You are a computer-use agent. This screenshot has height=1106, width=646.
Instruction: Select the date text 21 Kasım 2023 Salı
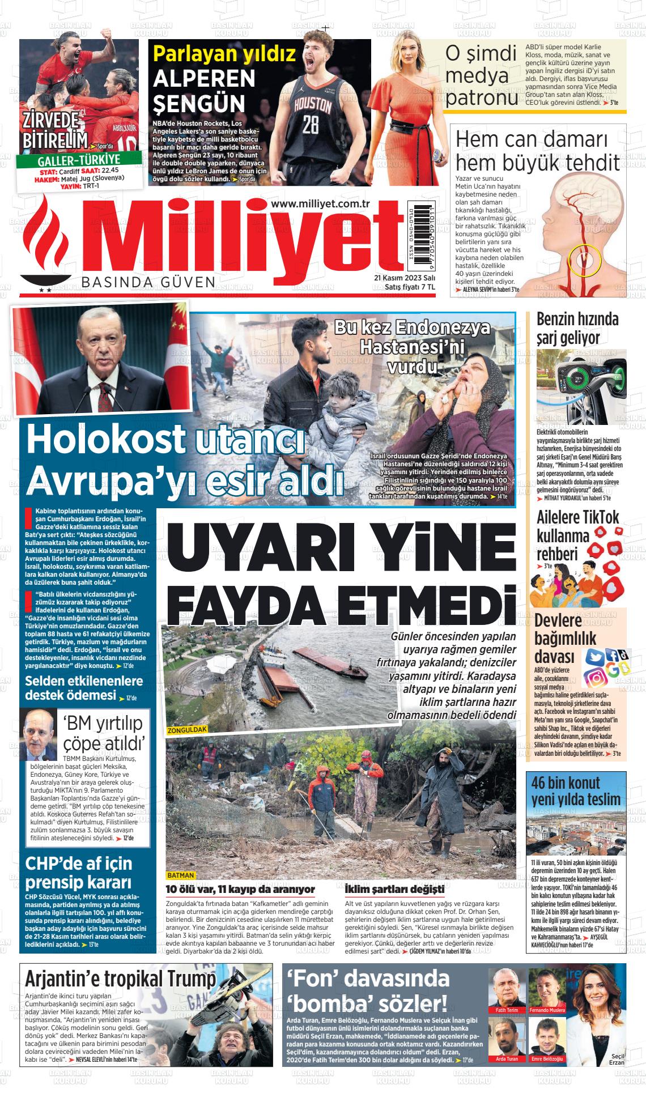(404, 278)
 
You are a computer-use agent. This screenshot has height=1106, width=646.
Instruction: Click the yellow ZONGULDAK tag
(187, 730)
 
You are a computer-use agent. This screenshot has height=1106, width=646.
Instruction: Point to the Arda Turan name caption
(507, 1058)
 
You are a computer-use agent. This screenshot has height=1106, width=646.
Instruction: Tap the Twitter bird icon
(594, 657)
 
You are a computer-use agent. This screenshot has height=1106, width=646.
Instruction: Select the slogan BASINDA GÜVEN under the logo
(148, 282)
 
